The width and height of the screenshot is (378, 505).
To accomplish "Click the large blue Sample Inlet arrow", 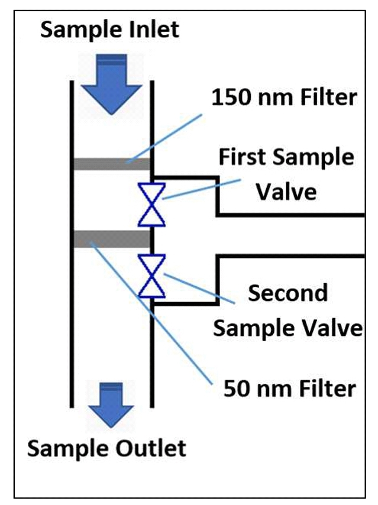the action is tap(111, 84).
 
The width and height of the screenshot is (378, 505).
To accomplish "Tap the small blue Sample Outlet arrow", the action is tap(111, 405).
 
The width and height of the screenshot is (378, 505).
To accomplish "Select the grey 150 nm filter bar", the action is tap(112, 164).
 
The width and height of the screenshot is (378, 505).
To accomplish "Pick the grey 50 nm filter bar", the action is tap(112, 239).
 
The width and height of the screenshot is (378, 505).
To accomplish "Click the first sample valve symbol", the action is tap(152, 205).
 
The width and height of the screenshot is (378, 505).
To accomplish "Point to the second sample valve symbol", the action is tap(152, 276).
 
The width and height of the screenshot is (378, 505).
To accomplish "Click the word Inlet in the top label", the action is tap(154, 30).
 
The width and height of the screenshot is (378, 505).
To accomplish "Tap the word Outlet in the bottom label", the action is tap(151, 448).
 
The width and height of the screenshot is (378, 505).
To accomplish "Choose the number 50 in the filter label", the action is tap(237, 388).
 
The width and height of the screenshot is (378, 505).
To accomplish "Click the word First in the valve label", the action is tap(243, 157).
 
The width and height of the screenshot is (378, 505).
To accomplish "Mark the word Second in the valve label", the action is tap(287, 293).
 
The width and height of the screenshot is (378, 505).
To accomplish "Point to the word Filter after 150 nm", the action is tap(328, 97).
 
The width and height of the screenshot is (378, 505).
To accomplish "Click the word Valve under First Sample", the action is tap(286, 192).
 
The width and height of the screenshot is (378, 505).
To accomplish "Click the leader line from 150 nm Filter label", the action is tap(164, 138).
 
